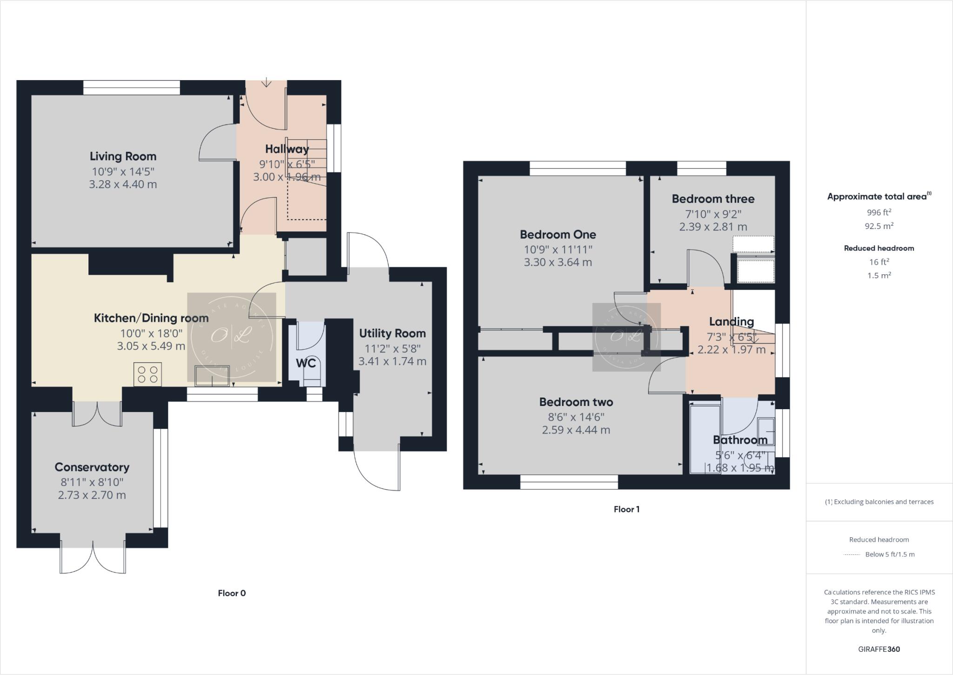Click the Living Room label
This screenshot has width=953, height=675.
[123, 156]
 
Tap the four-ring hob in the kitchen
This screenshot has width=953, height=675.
[148, 374]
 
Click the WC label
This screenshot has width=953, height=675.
[306, 363]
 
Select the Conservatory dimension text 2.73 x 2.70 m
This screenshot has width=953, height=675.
[92, 495]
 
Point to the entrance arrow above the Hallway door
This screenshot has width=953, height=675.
[266, 82]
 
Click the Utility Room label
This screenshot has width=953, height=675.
[392, 333]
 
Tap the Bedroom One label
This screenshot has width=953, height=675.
[557, 234]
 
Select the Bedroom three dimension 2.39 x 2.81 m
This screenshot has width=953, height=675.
[713, 227]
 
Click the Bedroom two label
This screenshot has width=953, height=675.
[576, 402]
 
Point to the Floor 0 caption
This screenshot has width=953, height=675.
[232, 593]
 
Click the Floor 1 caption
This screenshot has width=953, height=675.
[626, 509]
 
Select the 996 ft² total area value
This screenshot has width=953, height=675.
[879, 212]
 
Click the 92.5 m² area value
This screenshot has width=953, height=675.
[879, 226]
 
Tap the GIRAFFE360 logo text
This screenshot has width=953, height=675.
[879, 649]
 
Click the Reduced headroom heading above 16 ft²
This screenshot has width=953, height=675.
[879, 248]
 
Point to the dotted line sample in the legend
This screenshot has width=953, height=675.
[851, 554]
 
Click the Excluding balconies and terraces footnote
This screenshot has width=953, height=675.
[879, 502]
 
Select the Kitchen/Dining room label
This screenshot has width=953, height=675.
[151, 318]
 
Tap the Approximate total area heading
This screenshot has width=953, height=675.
[879, 196]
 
